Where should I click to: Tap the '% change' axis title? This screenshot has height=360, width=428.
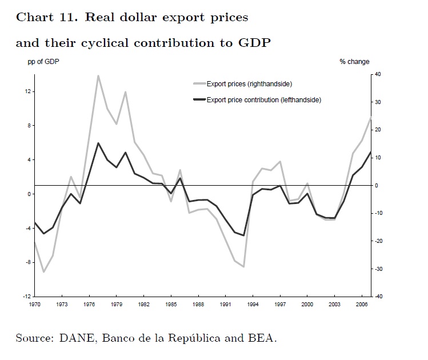click(x=354, y=62)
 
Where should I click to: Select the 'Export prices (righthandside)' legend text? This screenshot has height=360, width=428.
click(x=249, y=84)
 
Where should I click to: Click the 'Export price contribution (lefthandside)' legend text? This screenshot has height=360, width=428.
click(x=263, y=100)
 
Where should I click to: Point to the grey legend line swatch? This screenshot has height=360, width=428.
click(x=199, y=84)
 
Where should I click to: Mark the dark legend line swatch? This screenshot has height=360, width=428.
click(x=199, y=100)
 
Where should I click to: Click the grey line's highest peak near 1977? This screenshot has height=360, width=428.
click(x=98, y=75)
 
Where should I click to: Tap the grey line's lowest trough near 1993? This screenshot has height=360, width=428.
click(x=244, y=267)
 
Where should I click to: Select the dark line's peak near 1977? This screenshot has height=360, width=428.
click(x=98, y=143)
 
